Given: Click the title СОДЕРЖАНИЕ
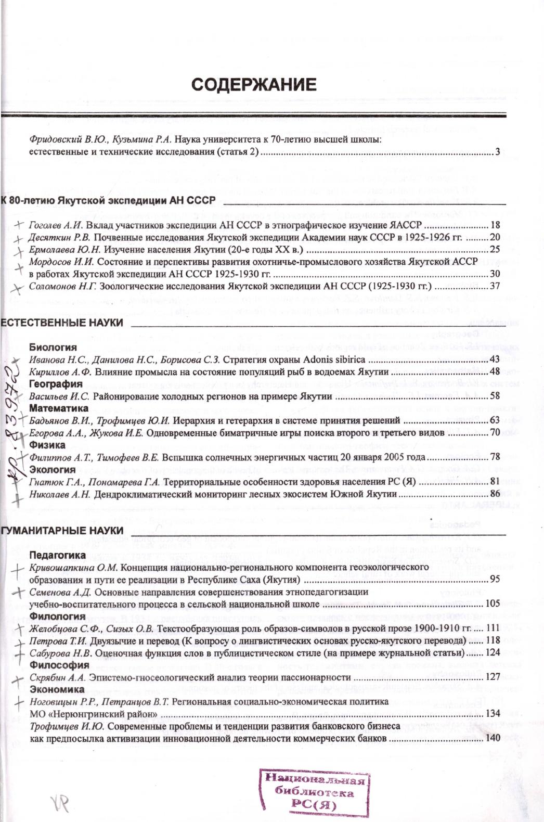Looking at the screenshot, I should (253, 85).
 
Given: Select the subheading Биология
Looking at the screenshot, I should (53, 348).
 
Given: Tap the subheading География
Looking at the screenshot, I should (56, 384).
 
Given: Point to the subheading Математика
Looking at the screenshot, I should (59, 408).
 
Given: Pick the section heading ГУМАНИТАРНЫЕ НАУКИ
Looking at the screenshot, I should (62, 531).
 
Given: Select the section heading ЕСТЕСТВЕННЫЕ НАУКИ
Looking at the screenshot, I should (62, 323).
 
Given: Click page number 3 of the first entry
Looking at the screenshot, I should (497, 152).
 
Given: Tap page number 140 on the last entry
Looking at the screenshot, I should (492, 738).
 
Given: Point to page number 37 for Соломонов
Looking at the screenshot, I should (495, 286).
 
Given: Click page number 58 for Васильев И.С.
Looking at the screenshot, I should (495, 396).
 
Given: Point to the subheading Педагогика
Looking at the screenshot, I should (57, 556).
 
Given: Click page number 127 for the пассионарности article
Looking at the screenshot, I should (492, 677).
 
